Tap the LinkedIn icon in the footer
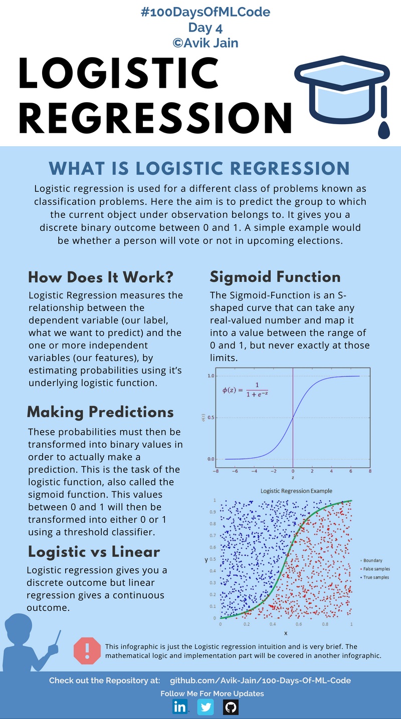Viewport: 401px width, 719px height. tap(179, 706)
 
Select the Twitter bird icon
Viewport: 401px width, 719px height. tap(205, 706)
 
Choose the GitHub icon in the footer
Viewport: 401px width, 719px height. tap(231, 706)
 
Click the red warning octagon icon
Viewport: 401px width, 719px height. tap(87, 650)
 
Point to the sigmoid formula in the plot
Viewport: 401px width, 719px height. tap(245, 390)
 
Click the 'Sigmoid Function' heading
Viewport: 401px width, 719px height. tap(275, 277)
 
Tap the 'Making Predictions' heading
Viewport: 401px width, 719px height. tap(100, 412)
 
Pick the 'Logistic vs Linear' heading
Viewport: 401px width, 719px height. tap(94, 552)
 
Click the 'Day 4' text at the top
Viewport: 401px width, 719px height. tap(205, 28)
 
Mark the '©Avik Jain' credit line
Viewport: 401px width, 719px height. tap(205, 43)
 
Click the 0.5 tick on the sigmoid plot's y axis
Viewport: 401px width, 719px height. tap(211, 418)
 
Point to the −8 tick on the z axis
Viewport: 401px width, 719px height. tap(216, 471)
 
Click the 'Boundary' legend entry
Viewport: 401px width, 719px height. tap(373, 560)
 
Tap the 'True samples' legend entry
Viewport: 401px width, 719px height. tap(374, 577)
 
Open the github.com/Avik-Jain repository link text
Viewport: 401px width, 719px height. tap(260, 680)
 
